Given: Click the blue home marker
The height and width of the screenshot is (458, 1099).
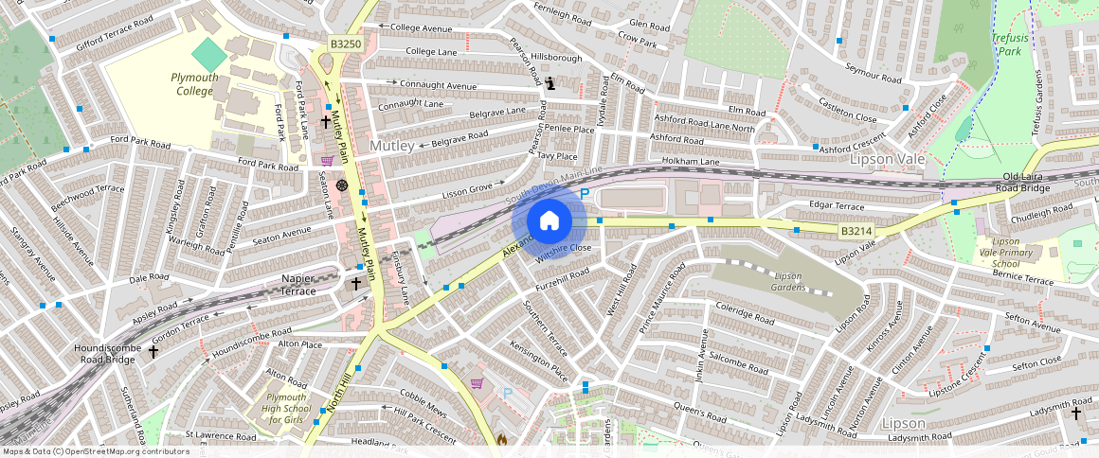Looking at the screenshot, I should [x=549, y=221].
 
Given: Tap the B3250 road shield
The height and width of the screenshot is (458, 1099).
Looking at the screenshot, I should [x=345, y=44].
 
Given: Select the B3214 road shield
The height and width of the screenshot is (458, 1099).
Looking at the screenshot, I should [x=855, y=230].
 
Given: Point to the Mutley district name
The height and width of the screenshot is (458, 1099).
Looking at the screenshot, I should [x=392, y=147].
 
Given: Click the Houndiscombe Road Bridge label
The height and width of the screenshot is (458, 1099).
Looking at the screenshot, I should [x=108, y=354].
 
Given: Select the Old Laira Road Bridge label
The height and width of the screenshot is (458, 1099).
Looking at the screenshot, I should [x=1041, y=183].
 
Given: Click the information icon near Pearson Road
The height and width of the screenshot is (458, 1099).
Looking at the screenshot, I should [x=551, y=83].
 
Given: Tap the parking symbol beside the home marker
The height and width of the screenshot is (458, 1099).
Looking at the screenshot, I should [x=585, y=194].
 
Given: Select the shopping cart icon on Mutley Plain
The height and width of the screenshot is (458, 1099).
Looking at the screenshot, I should [x=328, y=161].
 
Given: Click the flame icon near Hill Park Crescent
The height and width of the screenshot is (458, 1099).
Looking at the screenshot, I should [x=501, y=440].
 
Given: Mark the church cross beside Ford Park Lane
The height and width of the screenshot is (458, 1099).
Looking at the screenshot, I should [x=325, y=121].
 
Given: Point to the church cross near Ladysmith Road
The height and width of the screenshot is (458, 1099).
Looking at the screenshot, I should [x=1075, y=413].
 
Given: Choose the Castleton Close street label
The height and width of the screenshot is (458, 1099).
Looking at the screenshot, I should [x=847, y=111].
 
